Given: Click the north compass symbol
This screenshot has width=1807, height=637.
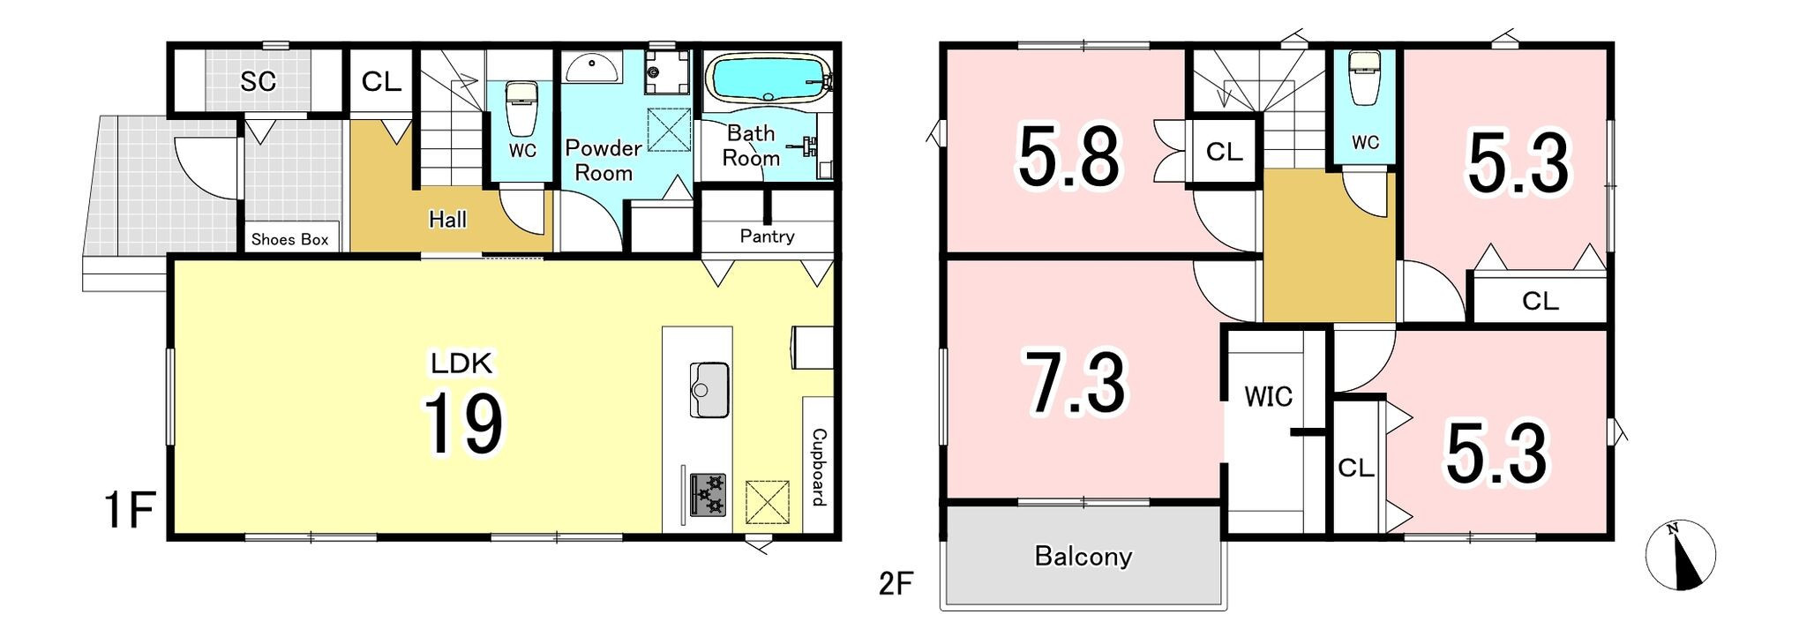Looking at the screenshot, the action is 1680,556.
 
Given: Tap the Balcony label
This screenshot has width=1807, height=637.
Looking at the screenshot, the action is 1083,557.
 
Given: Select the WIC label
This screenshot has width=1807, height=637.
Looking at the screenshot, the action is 1268,397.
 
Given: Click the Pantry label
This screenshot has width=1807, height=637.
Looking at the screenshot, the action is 767,236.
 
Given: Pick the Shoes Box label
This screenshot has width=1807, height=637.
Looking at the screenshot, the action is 289,239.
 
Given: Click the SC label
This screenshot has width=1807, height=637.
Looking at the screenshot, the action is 259,81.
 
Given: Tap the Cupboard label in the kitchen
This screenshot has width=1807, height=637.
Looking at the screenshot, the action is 819,468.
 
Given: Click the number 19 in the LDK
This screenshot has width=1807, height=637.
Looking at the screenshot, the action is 464,423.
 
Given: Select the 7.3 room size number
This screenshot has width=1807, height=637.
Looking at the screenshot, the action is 1076,383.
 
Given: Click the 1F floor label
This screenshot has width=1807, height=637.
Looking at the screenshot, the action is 130,511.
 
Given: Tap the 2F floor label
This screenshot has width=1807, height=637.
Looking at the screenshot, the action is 896,584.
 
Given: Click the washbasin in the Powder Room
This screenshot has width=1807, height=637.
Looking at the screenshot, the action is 593,66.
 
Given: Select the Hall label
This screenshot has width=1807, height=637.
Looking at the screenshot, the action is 447,220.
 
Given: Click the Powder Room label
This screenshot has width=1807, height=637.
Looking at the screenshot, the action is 604,160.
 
